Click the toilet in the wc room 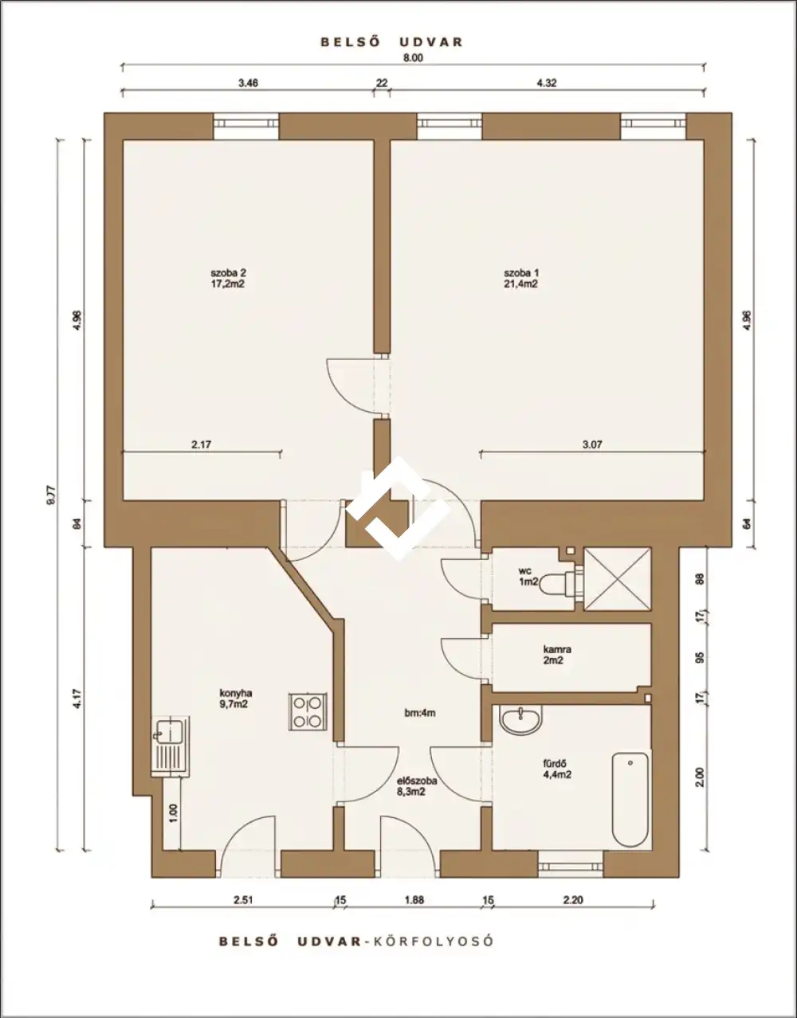[558, 583]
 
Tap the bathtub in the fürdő [630, 796]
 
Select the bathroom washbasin [520, 718]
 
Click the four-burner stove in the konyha [308, 712]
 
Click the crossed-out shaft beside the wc [617, 579]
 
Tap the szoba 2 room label [228, 272]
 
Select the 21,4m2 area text [520, 284]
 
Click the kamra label [556, 649]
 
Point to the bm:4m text [420, 713]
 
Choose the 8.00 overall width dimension [413, 57]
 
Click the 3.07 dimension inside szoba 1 [592, 444]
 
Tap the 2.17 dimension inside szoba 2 [201, 444]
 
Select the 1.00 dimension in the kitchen [172, 814]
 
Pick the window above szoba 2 [246, 126]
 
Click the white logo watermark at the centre [398, 508]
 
